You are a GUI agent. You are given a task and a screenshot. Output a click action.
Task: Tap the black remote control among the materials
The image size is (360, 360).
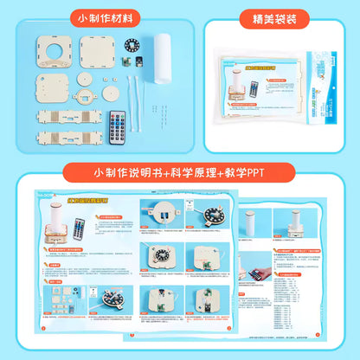pos(118,128)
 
